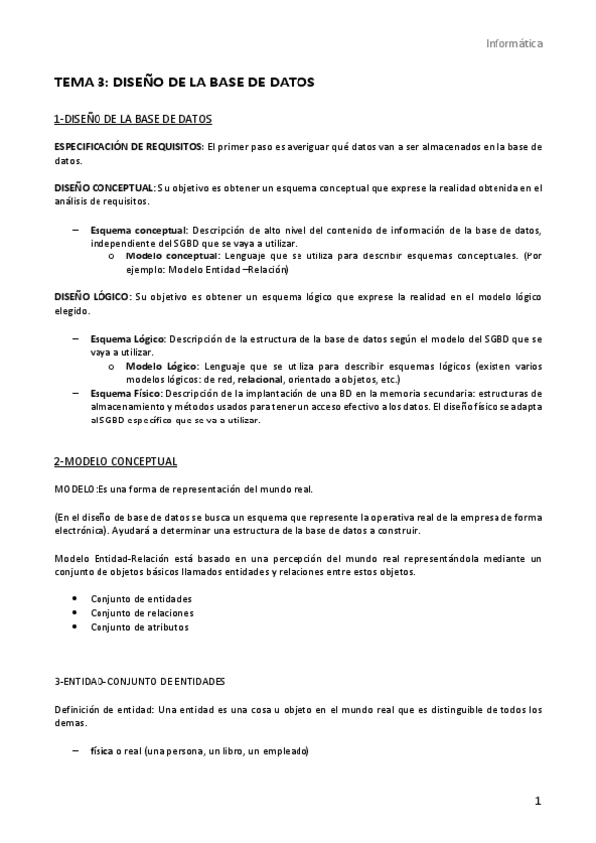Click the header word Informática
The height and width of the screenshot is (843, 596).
point(514,43)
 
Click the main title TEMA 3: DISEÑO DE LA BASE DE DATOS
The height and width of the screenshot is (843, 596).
point(184,84)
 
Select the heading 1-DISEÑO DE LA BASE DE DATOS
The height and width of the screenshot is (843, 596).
point(132,119)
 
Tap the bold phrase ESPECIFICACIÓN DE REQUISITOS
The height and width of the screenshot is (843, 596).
point(127,146)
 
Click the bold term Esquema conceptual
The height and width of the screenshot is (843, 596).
point(138,230)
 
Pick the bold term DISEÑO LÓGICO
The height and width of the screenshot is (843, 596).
point(92,297)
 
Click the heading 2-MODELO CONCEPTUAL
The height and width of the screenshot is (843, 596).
point(115,461)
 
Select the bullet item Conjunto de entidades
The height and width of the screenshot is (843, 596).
point(140,598)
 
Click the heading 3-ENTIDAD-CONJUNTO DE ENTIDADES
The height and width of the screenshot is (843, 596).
point(139,682)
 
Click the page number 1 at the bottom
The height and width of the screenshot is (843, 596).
point(537,801)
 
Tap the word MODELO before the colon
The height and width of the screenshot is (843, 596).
point(74,489)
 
